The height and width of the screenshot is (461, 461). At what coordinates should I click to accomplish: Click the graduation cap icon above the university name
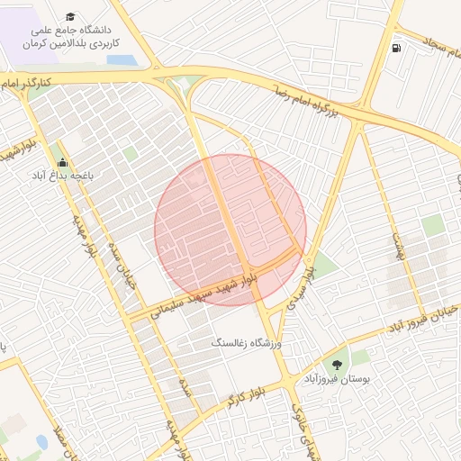tap(71, 18)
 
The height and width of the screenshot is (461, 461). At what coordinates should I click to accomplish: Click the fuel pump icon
tap(395, 48)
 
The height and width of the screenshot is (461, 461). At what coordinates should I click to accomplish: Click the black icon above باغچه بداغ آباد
tap(62, 162)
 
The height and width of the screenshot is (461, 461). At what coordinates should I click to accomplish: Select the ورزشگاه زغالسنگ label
tap(247, 343)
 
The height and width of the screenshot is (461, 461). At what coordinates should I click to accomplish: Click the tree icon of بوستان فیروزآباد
tap(337, 365)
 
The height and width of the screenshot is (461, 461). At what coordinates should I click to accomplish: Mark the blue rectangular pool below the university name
tap(120, 60)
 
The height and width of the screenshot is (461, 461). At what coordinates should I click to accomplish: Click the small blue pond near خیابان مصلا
tap(41, 442)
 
